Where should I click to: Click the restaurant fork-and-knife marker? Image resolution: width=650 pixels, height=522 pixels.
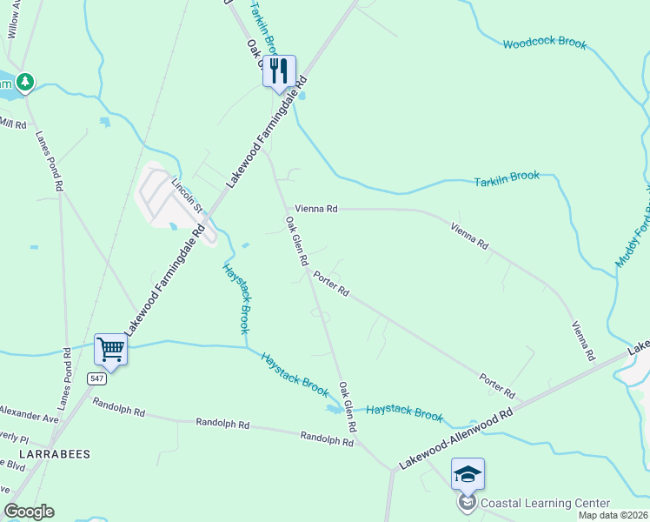(279, 70)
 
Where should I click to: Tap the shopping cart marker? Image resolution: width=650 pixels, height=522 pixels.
(111, 350)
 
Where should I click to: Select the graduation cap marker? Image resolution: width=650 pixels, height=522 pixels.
(468, 474)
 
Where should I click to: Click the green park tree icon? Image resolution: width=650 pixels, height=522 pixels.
(26, 82)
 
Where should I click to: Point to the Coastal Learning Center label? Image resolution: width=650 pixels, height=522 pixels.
(545, 503)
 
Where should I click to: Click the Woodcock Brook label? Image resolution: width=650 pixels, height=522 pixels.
(544, 43)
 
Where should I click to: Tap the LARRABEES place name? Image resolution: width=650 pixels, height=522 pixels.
(45, 454)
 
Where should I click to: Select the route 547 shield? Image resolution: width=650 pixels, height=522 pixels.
(96, 378)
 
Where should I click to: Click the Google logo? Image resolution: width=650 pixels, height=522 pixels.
(29, 512)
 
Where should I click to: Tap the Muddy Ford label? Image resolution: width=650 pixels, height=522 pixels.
(632, 235)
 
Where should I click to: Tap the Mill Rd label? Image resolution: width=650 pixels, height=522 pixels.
(13, 123)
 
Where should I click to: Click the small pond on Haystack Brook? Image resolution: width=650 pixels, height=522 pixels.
(333, 407)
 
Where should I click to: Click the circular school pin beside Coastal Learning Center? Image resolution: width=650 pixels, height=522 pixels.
(468, 502)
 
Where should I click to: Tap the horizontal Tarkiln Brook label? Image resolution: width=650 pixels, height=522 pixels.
(507, 177)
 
